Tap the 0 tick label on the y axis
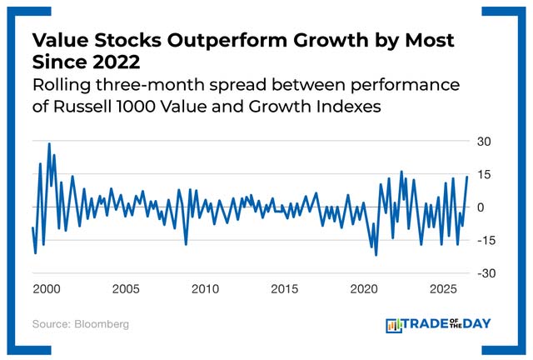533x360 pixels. (481, 207)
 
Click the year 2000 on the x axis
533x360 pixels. (46, 289)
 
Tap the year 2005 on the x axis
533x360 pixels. (125, 289)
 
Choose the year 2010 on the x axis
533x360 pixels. (205, 289)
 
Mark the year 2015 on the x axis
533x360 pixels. (285, 289)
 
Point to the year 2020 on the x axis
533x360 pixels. (365, 289)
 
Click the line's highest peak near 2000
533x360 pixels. (49, 144)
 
